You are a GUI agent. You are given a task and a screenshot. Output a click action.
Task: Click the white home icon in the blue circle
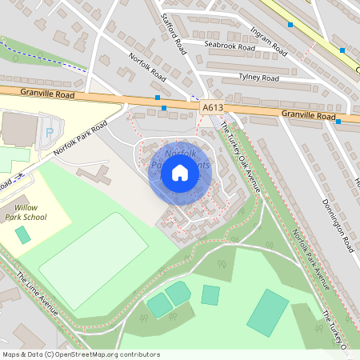tap(179, 173)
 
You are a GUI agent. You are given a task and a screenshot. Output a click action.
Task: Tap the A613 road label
tap(212, 106)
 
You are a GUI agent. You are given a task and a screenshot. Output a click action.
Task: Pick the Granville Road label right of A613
tap(307, 116)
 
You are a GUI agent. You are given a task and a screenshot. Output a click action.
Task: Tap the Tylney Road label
tap(258, 78)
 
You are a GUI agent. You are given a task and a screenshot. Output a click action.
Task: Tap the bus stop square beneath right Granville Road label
tap(338, 122)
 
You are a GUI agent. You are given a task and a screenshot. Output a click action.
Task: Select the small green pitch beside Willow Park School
tap(23, 234)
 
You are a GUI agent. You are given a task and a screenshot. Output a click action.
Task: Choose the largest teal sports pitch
tap(268, 313)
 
